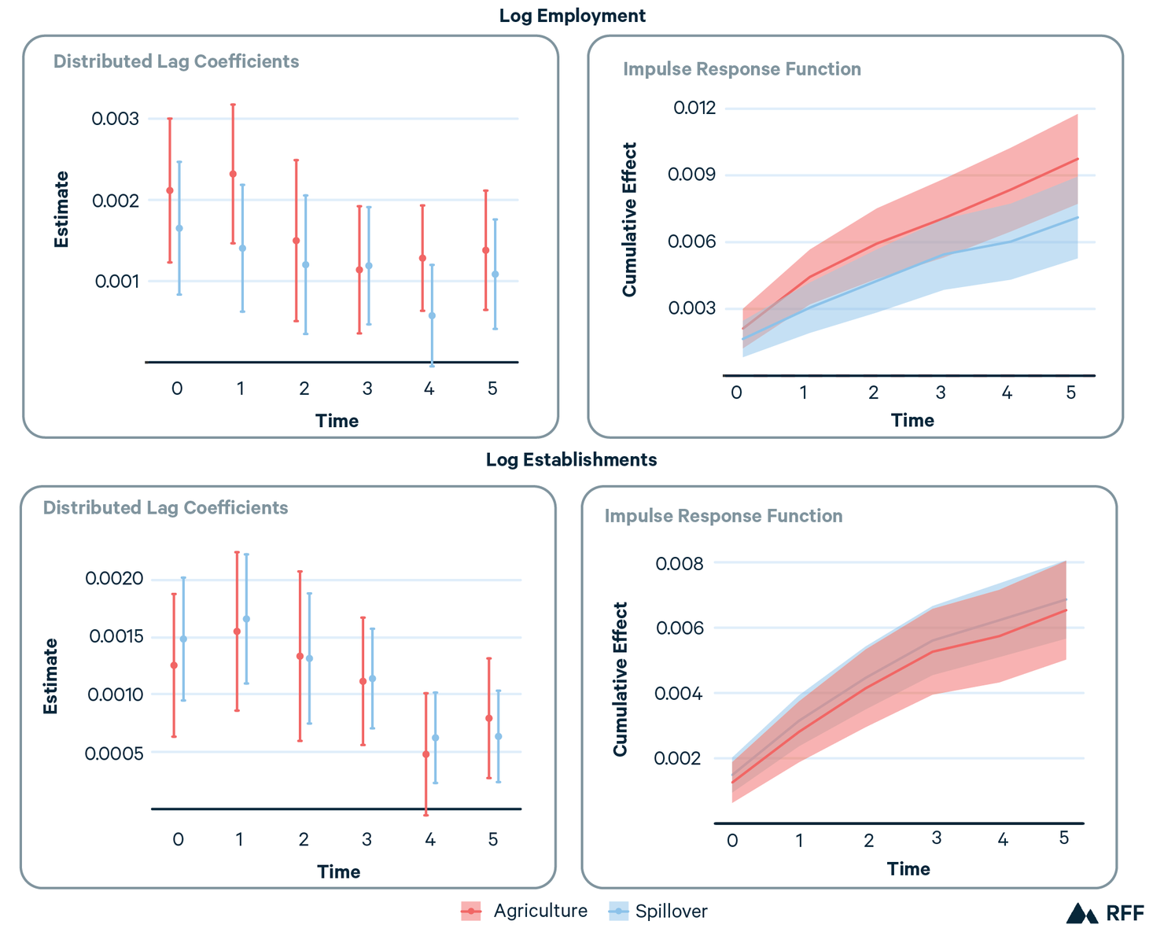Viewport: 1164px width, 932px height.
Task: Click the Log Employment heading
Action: click(x=572, y=16)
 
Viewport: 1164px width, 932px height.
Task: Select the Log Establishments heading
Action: click(x=571, y=459)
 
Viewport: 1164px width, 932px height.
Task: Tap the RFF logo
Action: click(x=1105, y=913)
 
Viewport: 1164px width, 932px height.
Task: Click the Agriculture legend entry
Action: click(x=524, y=912)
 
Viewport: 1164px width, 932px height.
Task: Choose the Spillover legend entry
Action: click(x=658, y=912)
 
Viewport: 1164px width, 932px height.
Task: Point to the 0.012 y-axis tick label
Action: click(x=694, y=108)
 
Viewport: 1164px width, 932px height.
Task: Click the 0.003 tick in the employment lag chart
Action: click(x=115, y=119)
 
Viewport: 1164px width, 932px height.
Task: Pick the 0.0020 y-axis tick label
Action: click(x=114, y=579)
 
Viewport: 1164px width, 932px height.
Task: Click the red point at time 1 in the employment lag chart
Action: click(x=233, y=174)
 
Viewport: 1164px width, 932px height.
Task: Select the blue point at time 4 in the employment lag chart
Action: click(x=432, y=315)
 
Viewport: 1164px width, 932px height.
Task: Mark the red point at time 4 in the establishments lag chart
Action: click(x=426, y=754)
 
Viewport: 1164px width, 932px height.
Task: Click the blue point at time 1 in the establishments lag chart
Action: click(x=246, y=619)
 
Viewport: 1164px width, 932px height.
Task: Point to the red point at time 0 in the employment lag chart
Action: click(x=170, y=190)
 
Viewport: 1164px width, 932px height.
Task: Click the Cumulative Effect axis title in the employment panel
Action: click(x=629, y=219)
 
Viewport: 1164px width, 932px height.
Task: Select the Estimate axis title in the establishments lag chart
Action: click(x=50, y=676)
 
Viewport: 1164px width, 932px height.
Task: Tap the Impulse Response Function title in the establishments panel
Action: click(x=723, y=516)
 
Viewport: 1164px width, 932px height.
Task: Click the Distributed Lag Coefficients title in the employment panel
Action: click(x=176, y=61)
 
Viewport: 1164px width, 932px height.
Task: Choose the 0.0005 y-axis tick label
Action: click(x=114, y=753)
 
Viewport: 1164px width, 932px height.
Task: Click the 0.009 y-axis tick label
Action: click(x=691, y=175)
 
